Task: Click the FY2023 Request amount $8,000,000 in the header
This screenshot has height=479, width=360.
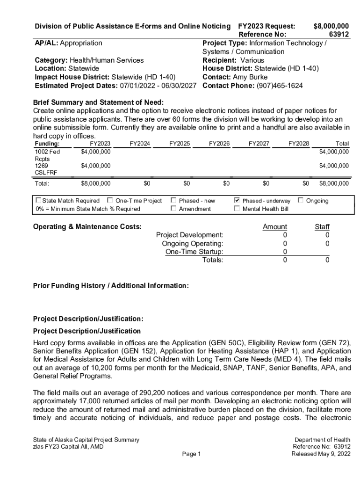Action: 331,26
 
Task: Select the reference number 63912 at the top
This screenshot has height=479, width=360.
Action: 338,34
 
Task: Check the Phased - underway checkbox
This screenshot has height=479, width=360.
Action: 237,201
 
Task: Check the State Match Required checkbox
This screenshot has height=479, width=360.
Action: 38,201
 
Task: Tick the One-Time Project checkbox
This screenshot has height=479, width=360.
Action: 110,201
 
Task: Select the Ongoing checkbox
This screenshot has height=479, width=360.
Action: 301,201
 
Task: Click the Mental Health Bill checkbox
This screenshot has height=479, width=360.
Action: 237,209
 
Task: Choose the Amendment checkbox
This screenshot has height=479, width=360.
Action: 173,209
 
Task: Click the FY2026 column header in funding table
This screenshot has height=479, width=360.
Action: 219,144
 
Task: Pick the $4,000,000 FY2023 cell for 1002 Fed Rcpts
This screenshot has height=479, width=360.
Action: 95,152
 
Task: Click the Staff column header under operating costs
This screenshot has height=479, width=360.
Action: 322,227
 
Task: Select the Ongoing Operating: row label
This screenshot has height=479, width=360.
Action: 192,243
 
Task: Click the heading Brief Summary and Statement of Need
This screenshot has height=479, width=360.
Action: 98,102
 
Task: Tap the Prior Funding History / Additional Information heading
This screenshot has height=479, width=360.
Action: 111,285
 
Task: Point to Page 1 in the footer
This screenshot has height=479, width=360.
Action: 191,454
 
